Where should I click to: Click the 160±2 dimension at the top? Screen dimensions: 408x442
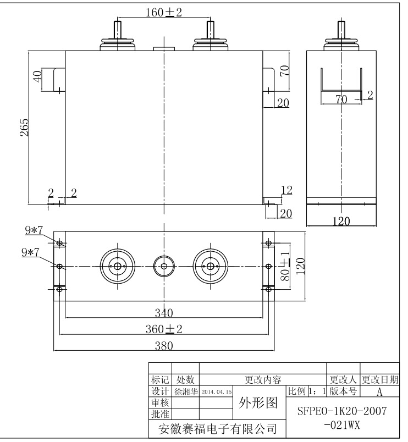[x=163, y=13]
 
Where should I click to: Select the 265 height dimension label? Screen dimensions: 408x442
[x=24, y=128]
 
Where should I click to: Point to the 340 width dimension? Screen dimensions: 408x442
[x=164, y=313]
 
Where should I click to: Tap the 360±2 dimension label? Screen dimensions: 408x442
[x=164, y=329]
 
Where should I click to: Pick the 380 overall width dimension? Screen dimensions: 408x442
[x=164, y=346]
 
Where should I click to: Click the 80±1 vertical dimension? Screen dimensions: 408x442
[x=285, y=266]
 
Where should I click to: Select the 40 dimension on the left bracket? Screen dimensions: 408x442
[x=37, y=76]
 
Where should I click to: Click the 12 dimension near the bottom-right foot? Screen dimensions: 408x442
[x=286, y=190]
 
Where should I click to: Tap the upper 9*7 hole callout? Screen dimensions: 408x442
[x=34, y=230]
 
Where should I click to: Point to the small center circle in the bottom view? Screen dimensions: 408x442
[x=164, y=266]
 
